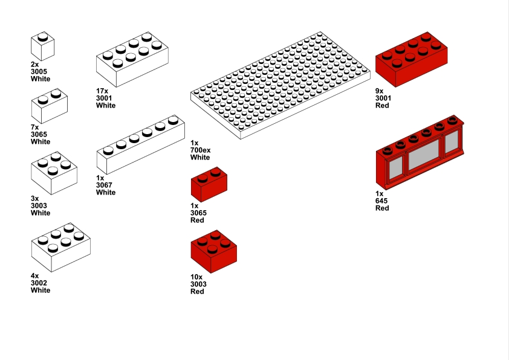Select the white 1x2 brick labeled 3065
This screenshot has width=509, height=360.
click(x=49, y=106)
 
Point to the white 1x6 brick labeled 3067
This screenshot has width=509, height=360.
click(x=140, y=144)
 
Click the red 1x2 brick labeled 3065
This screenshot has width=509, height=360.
click(x=209, y=185)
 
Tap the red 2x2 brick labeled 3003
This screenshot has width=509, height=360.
click(x=213, y=251)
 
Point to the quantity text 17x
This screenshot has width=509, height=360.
click(x=102, y=91)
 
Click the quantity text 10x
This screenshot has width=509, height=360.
click(x=196, y=277)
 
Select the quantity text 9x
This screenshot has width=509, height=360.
click(x=379, y=91)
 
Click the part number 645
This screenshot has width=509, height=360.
click(x=381, y=201)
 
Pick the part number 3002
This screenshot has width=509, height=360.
click(x=39, y=283)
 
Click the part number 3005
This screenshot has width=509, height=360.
click(x=39, y=71)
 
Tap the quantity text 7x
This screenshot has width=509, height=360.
click(x=34, y=127)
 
